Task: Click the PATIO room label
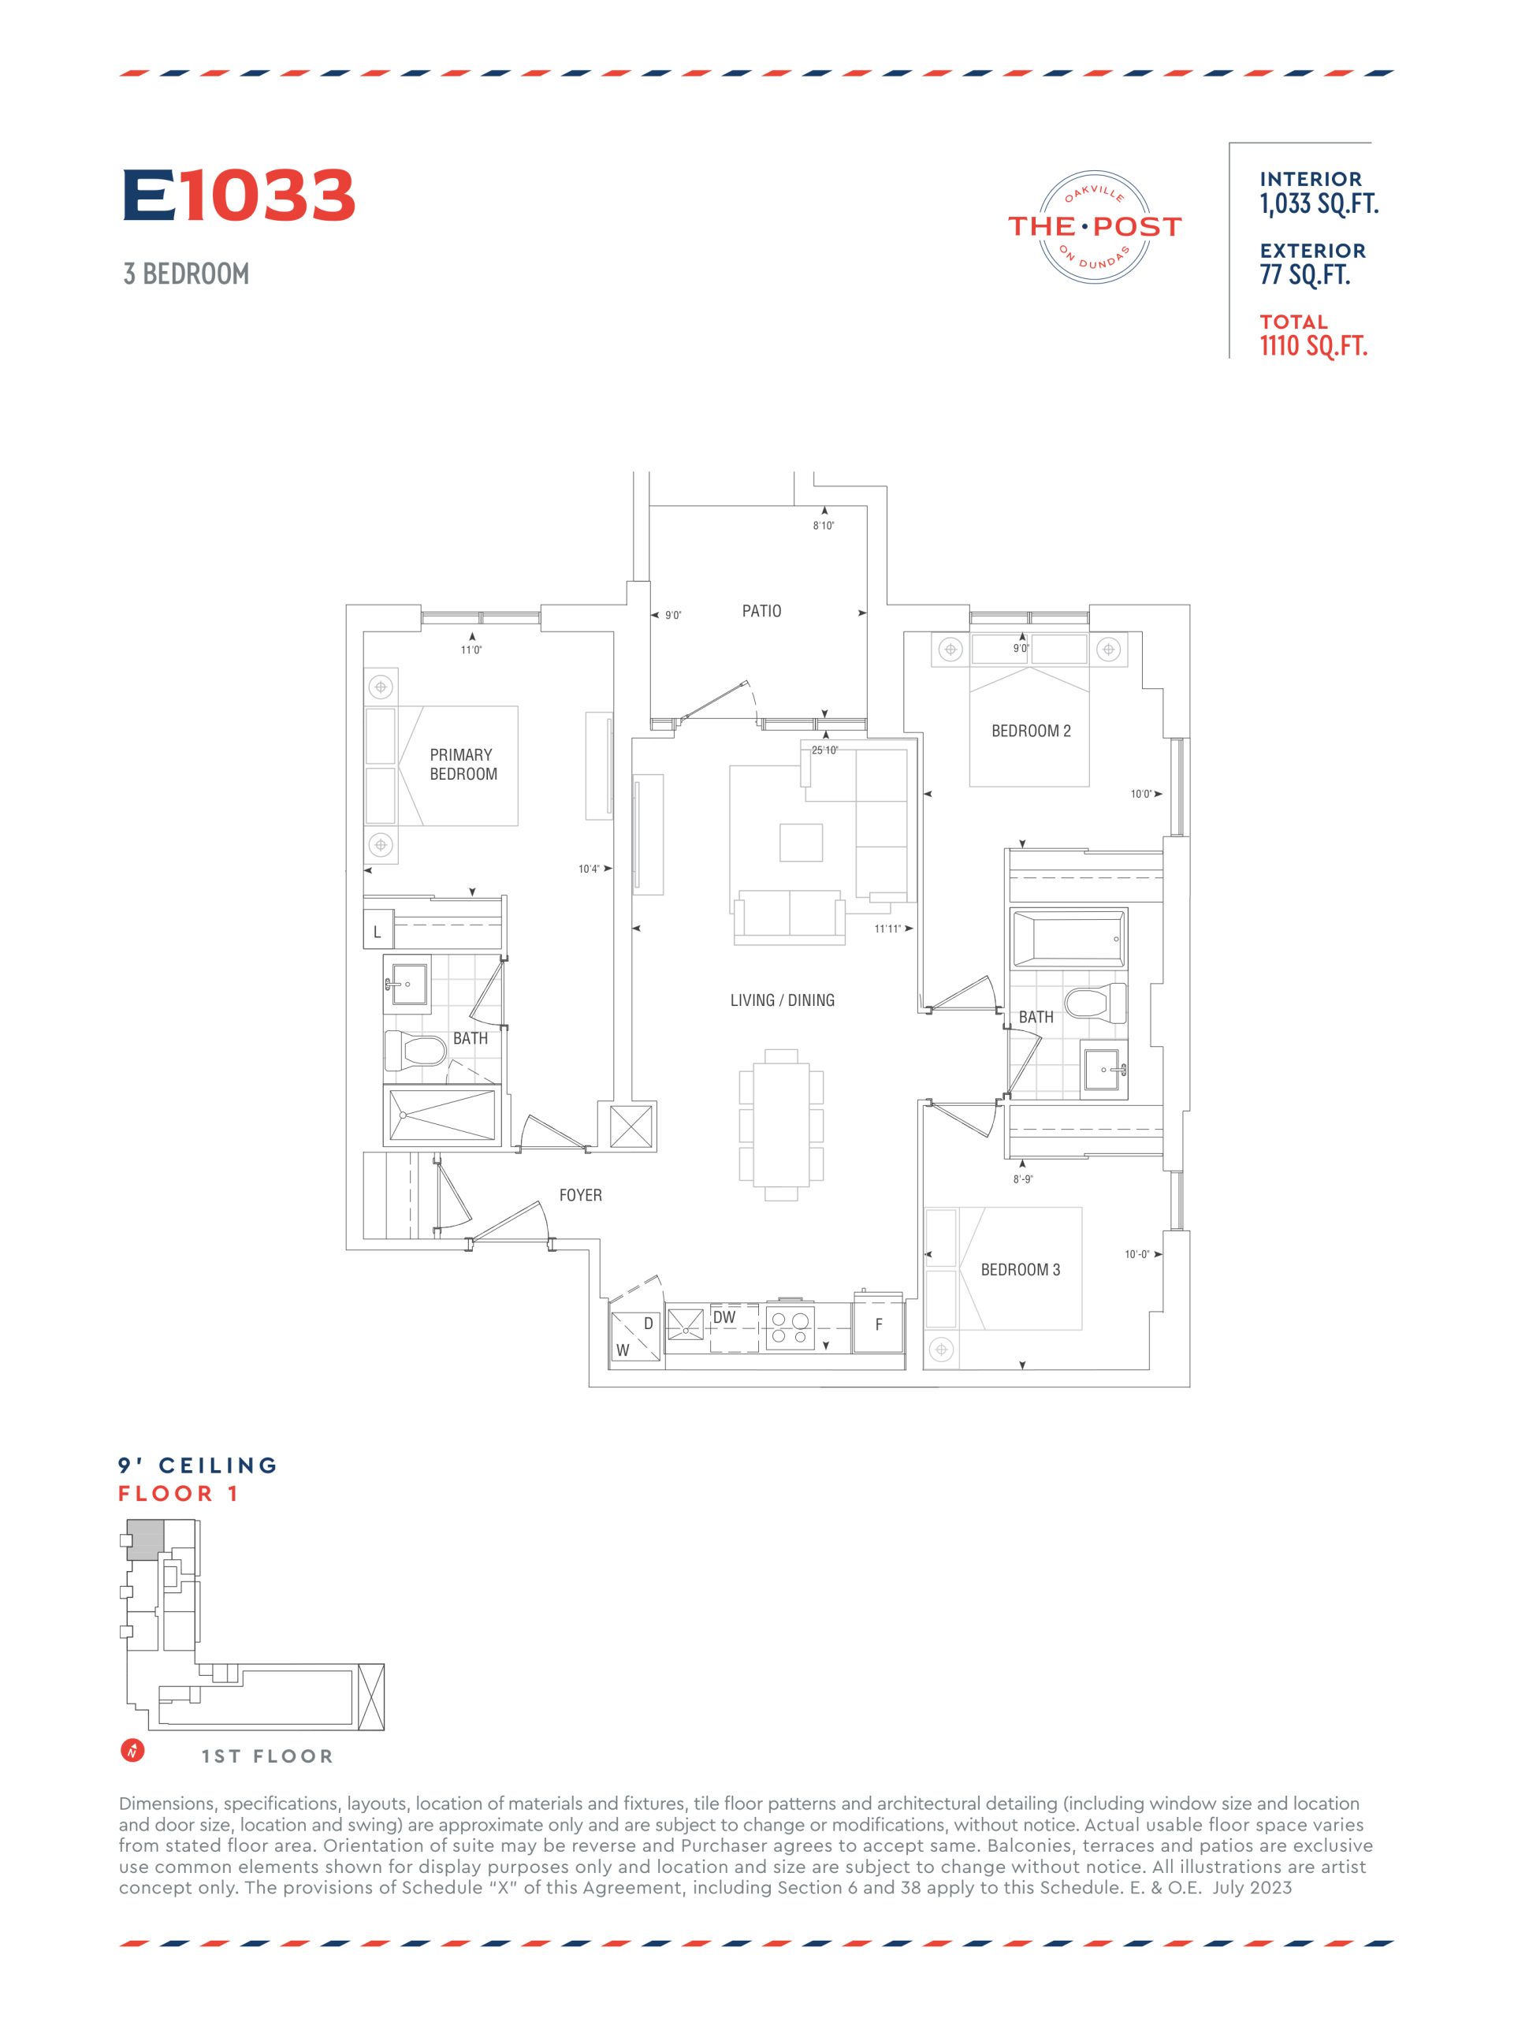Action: click(761, 611)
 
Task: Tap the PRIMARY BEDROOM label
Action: click(463, 765)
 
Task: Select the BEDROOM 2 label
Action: click(1031, 731)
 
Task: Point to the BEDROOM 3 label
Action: click(1020, 1270)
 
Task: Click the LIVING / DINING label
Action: click(782, 1000)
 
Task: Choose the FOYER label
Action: click(580, 1195)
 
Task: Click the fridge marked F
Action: click(877, 1324)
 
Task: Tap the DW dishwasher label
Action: click(724, 1317)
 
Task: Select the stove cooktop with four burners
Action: click(789, 1327)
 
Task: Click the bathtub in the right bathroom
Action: click(1068, 937)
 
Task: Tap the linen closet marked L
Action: click(378, 933)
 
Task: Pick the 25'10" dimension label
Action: click(824, 750)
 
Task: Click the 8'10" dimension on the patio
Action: click(824, 526)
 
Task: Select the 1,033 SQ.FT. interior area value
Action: click(1318, 203)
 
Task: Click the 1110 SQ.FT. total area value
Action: click(1313, 347)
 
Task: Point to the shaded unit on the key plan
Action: click(145, 1540)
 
